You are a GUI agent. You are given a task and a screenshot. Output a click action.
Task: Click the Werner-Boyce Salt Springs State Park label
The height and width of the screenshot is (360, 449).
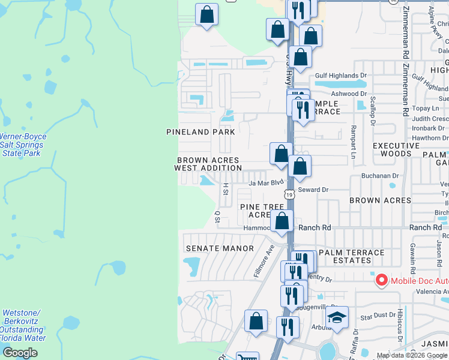click(22, 145)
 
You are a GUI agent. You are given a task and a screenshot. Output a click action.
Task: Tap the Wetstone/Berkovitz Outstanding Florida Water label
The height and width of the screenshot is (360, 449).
click(22, 325)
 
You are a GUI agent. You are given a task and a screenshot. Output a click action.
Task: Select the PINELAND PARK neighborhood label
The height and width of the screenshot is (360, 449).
click(196, 131)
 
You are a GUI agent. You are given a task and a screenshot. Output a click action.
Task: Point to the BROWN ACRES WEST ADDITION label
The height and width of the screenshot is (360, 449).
click(208, 164)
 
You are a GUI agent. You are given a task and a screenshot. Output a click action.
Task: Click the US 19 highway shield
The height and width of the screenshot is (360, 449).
click(289, 194)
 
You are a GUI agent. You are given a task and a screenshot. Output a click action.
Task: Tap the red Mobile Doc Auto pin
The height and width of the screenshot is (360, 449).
click(381, 280)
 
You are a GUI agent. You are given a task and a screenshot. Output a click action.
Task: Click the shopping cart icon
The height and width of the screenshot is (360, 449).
click(247, 358)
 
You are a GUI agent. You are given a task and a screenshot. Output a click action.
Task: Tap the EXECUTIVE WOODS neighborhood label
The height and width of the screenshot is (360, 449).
click(396, 150)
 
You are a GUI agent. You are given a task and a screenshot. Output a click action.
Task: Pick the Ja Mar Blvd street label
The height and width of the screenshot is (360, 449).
click(265, 182)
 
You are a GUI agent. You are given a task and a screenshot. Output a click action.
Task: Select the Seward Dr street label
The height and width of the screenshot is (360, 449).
click(313, 190)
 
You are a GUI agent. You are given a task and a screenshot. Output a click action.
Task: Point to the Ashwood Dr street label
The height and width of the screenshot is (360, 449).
click(349, 94)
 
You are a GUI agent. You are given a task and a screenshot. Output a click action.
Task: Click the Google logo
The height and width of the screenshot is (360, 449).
click(20, 353)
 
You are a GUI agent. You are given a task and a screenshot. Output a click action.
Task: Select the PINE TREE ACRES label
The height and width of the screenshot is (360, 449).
click(262, 211)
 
